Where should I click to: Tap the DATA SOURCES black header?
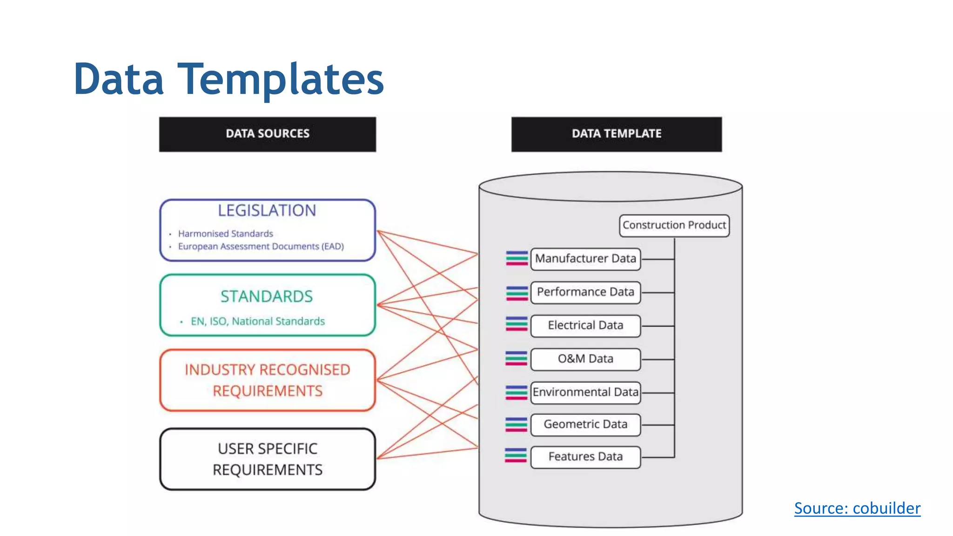[268, 134]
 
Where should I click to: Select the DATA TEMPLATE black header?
[617, 134]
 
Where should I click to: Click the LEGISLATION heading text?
[267, 211]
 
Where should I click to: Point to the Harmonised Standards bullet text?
[226, 234]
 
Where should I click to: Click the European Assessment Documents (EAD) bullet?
[261, 246]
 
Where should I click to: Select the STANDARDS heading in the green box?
[267, 296]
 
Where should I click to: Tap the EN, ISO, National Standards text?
[257, 321]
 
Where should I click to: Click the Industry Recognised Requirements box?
[268, 380]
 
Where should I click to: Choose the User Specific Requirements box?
[268, 459]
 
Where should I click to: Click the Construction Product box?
[674, 225]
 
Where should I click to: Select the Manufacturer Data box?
[585, 259]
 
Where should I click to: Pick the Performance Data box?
[585, 292]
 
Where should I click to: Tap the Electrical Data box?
[585, 325]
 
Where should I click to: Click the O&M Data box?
[585, 359]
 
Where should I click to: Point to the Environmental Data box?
[585, 392]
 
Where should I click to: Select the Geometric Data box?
[585, 424]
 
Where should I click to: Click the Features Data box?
[585, 457]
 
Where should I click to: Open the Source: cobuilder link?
[857, 508]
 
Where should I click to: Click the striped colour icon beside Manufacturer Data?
[517, 258]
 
